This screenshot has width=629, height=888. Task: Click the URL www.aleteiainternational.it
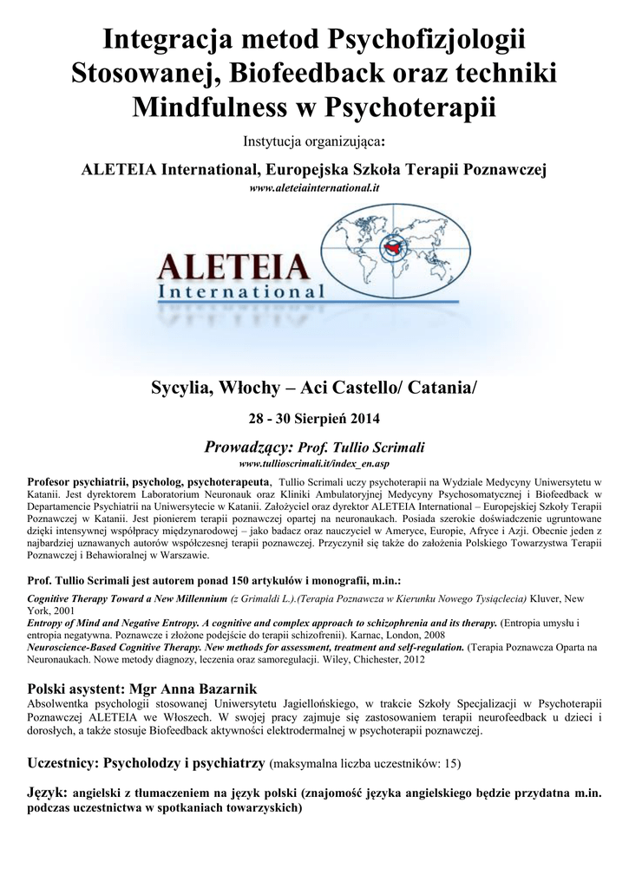point(314,186)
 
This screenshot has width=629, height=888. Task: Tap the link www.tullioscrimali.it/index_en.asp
point(314,464)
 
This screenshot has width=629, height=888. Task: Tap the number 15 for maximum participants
point(448,764)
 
